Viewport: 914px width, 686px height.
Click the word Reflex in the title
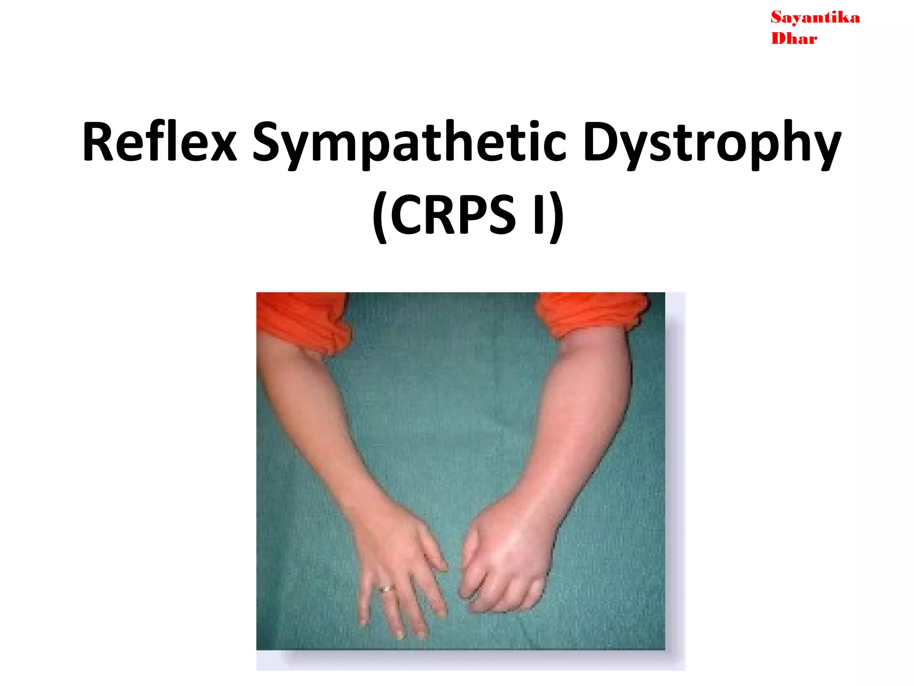pos(159,142)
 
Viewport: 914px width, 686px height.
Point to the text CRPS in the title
pos(453,215)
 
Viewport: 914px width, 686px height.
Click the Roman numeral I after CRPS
pos(539,215)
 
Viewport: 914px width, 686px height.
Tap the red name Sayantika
pos(815,18)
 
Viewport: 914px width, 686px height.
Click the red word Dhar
pos(794,39)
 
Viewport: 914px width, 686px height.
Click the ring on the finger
pos(386,589)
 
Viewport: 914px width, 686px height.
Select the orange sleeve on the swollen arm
pos(591,313)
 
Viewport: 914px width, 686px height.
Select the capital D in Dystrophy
pos(600,142)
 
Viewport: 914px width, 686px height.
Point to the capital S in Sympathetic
pos(268,142)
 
